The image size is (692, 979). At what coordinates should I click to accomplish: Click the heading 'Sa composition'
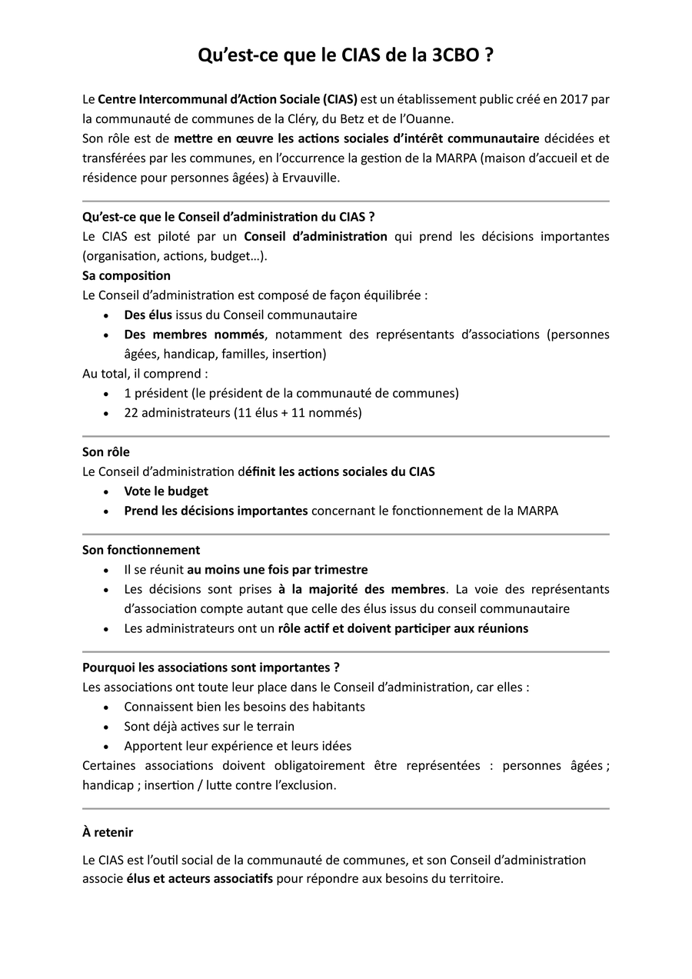click(x=127, y=275)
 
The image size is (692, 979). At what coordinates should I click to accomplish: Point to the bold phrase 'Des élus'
click(x=148, y=315)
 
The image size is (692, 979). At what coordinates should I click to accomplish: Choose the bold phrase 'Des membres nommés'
click(x=194, y=335)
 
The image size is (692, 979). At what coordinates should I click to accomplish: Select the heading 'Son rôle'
click(x=106, y=452)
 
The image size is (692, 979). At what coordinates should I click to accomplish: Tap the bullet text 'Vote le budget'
click(x=166, y=491)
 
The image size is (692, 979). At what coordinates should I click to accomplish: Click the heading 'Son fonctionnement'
click(x=141, y=550)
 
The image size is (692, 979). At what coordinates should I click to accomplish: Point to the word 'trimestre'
click(x=341, y=570)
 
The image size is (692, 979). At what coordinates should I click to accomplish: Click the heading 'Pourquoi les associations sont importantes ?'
click(x=211, y=668)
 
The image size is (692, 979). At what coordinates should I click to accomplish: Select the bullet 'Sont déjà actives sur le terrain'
click(x=209, y=726)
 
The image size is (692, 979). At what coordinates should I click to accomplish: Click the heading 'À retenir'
click(x=108, y=832)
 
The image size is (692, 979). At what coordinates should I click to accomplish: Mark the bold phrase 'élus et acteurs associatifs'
click(x=200, y=879)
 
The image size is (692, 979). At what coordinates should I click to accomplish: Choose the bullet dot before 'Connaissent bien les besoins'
click(x=106, y=707)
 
